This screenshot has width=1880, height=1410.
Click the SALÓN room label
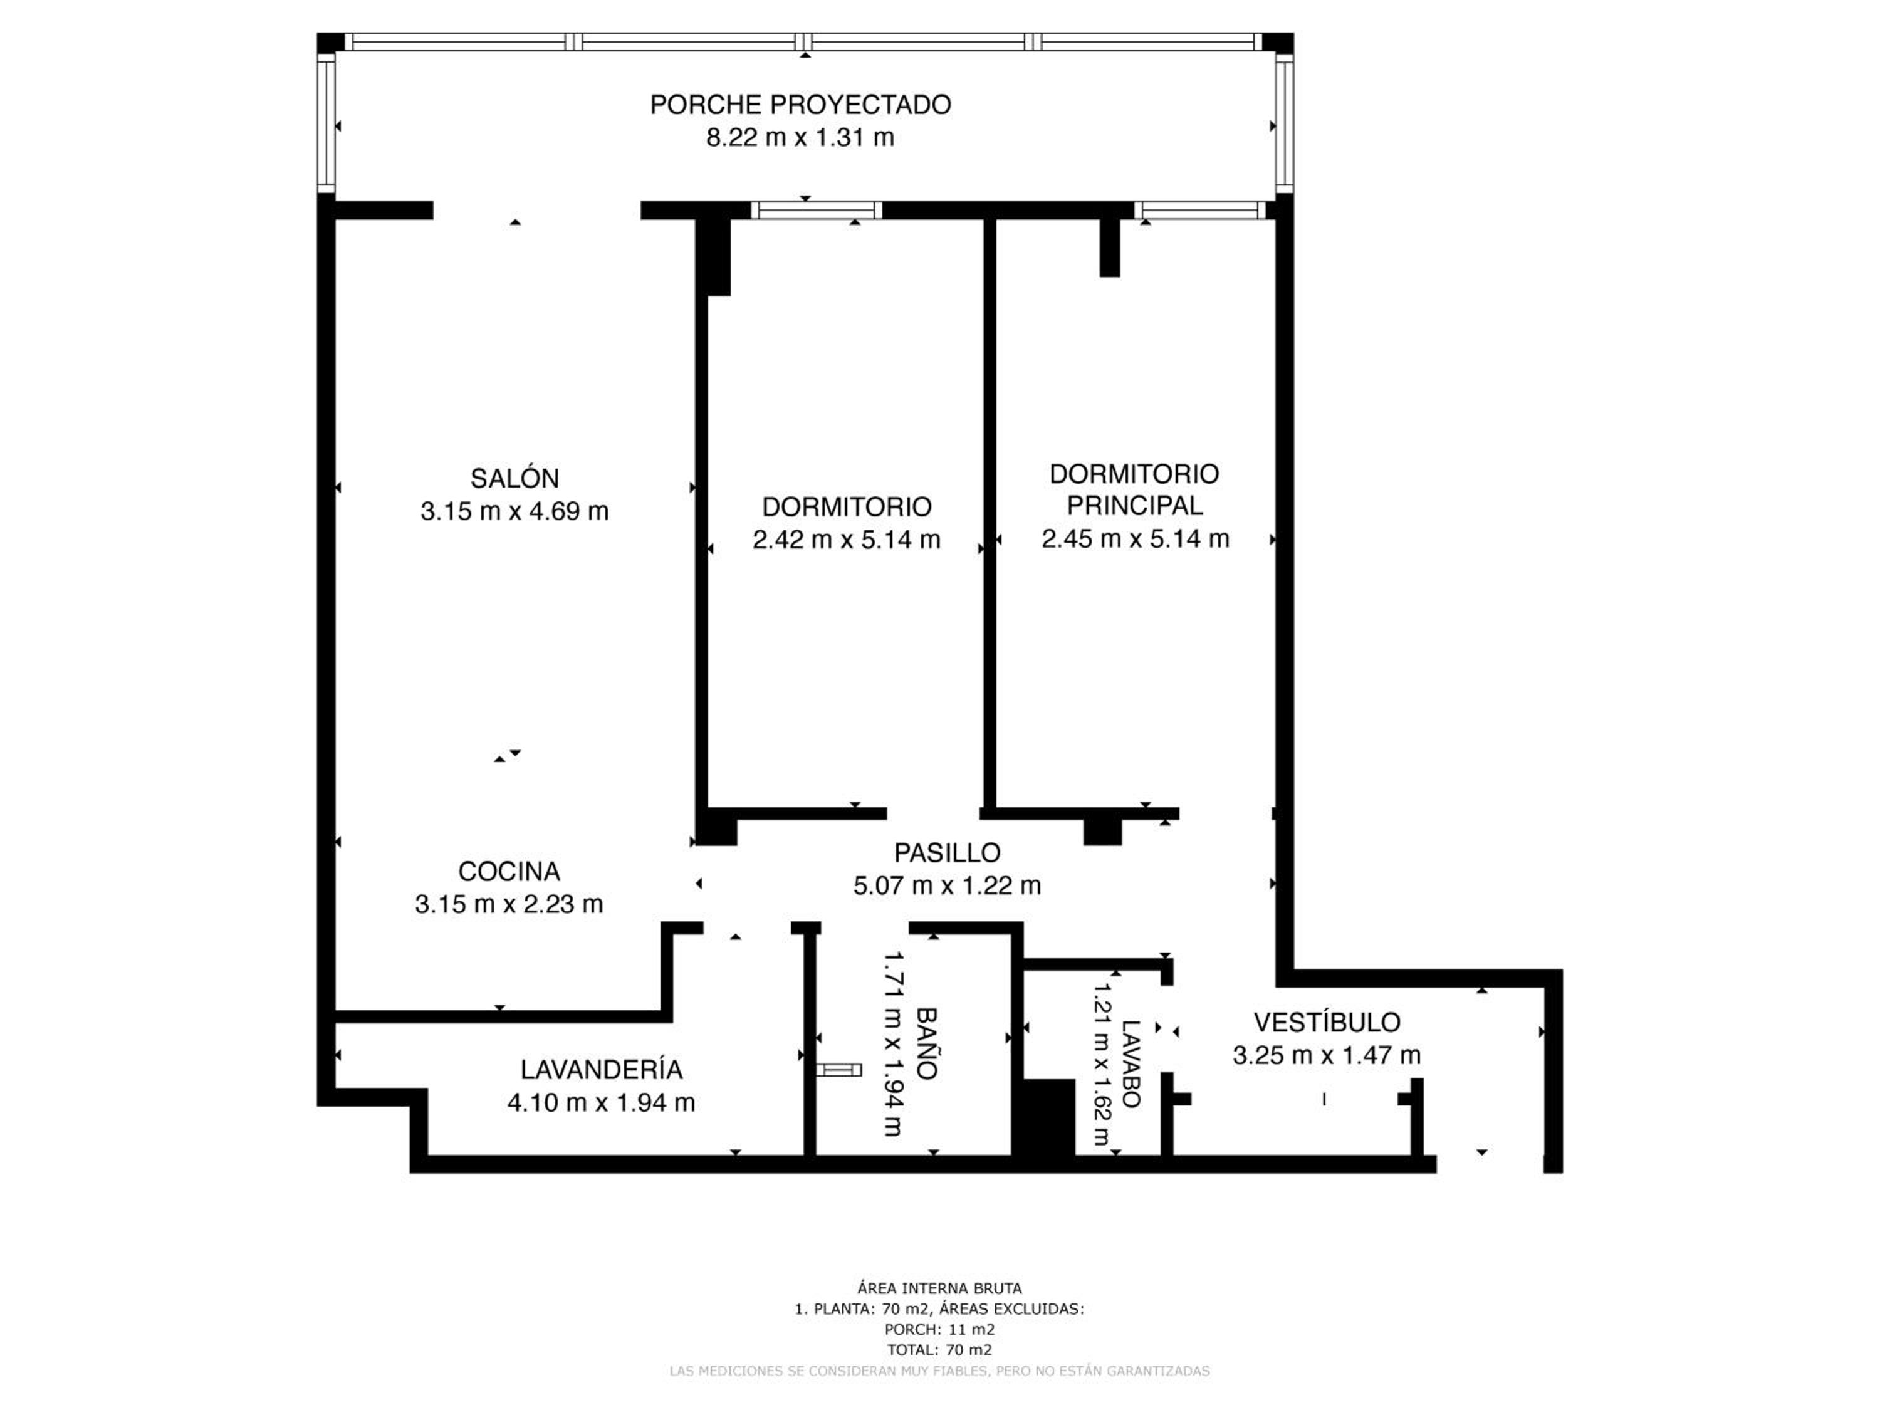(514, 479)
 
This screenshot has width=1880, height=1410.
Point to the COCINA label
(509, 871)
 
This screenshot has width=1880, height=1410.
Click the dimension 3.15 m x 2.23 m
(509, 904)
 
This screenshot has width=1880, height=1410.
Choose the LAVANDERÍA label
(601, 1069)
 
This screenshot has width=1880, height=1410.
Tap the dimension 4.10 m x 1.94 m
(601, 1103)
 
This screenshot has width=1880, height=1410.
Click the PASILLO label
(947, 852)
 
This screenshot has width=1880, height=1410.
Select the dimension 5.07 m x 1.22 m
(947, 885)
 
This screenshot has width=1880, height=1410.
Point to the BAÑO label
(926, 1043)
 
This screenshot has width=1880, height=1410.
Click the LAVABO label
(1131, 1063)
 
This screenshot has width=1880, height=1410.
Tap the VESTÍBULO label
(1327, 1023)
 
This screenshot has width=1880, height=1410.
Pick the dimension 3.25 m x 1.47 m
(1327, 1055)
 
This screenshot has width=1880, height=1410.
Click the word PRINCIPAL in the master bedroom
(1135, 506)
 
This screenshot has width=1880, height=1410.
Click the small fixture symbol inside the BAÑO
(839, 1070)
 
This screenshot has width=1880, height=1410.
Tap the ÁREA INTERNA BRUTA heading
(939, 1288)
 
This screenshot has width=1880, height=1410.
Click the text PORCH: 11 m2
(939, 1329)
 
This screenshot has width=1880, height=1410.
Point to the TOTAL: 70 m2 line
(939, 1350)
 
